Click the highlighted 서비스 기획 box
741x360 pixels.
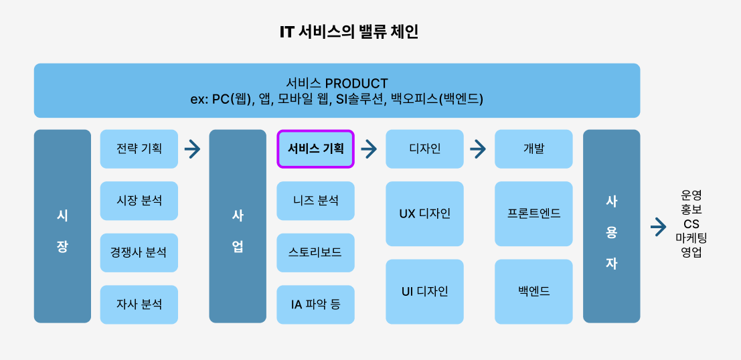tap(315, 149)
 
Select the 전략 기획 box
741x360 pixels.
tap(139, 149)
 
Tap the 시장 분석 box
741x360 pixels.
tap(139, 201)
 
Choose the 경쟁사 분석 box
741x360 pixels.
tap(139, 253)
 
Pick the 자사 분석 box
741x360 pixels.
tap(139, 304)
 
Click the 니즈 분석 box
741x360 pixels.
tap(315, 201)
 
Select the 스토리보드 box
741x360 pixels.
tap(315, 253)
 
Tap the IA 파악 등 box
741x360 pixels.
tap(315, 304)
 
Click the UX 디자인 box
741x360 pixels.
tap(424, 213)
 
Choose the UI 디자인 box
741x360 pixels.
tap(424, 292)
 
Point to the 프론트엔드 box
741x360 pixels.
tap(533, 213)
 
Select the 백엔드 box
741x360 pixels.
tap(533, 292)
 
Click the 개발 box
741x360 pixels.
tap(533, 149)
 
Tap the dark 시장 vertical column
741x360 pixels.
tap(62, 226)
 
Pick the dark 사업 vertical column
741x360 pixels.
tap(238, 226)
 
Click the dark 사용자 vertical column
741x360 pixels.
tap(611, 226)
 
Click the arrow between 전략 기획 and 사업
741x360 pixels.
tap(193, 149)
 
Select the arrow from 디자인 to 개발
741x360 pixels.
tap(478, 149)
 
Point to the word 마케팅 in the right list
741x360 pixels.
tap(691, 238)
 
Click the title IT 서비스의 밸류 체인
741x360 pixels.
tap(349, 32)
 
